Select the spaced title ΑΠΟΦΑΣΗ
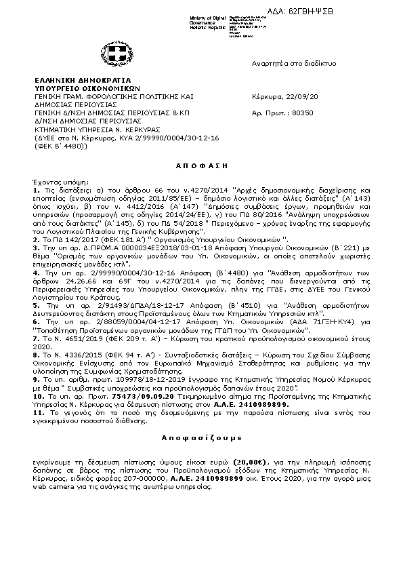pos(200,165)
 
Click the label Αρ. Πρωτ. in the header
pos(264,113)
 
